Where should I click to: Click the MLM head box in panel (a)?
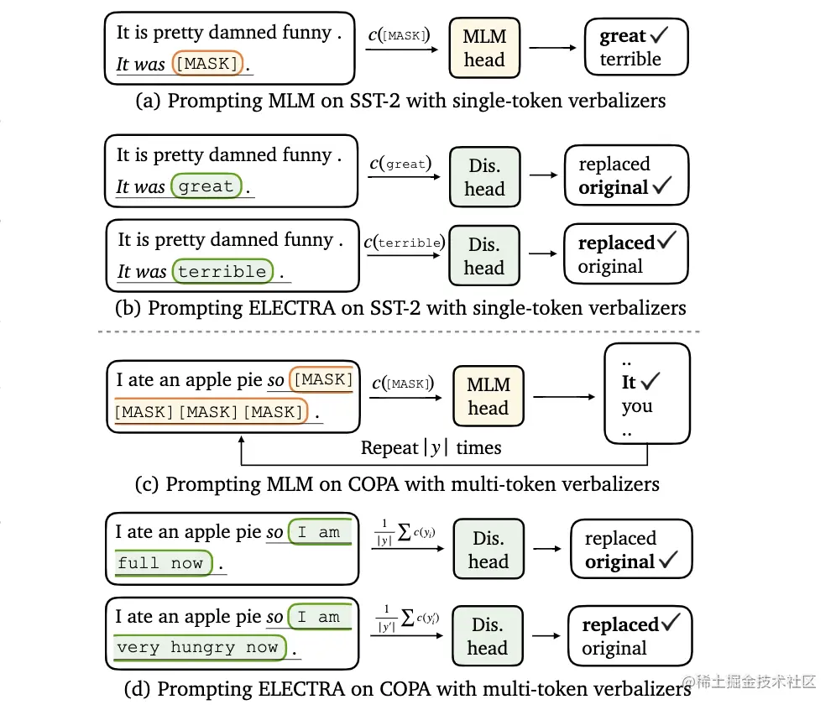coord(484,48)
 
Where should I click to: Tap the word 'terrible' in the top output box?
coord(630,60)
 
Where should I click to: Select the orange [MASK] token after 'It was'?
coord(206,64)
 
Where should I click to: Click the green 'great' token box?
coord(206,186)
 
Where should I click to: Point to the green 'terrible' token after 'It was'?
coord(222,272)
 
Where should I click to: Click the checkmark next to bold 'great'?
coord(660,36)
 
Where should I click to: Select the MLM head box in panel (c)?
coord(488,396)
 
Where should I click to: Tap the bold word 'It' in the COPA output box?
coord(629,383)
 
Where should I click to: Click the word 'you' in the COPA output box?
coord(637,407)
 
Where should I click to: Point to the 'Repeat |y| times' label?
coord(431,448)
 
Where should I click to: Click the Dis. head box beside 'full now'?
coord(489,551)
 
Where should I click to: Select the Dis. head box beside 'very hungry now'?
coord(488,636)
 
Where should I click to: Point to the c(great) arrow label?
coord(401,164)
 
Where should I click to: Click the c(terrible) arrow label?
coord(404,243)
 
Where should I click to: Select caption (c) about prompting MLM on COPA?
coord(397,484)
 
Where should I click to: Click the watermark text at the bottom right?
coord(749,681)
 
